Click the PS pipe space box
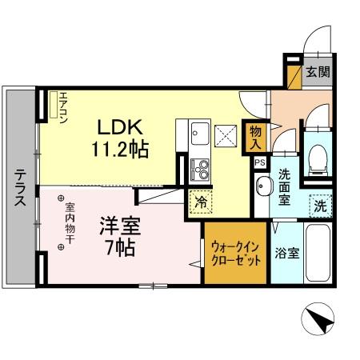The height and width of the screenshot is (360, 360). [x=258, y=162]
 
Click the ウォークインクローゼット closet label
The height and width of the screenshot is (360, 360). [x=235, y=254]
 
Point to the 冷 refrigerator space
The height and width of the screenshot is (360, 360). [x=202, y=202]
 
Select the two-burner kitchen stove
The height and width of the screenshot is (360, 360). [x=200, y=170]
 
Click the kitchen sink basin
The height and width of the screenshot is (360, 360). [x=200, y=134]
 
